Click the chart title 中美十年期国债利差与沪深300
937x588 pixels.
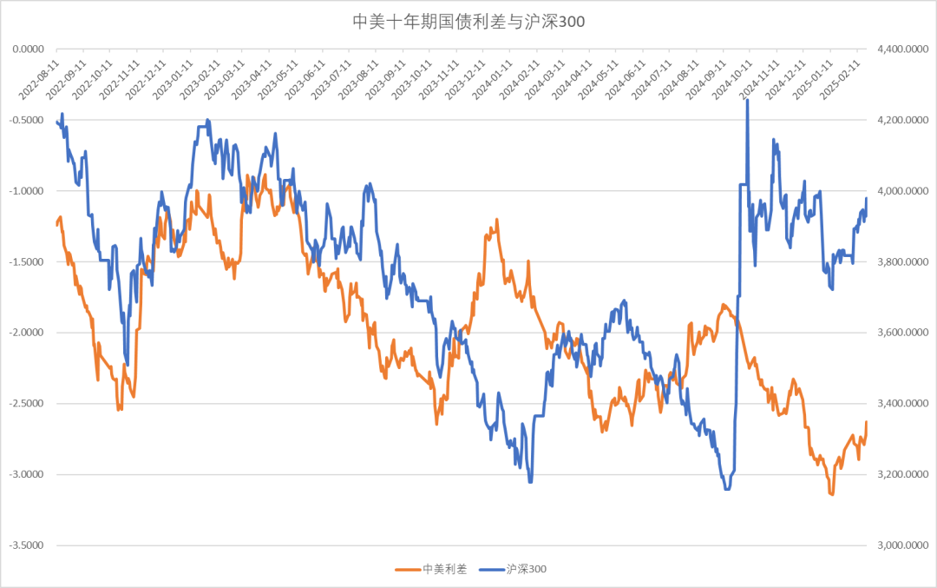(x=468, y=22)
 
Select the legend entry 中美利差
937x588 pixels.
(x=443, y=569)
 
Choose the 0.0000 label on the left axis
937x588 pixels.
(x=29, y=50)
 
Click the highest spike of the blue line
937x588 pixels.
(x=747, y=100)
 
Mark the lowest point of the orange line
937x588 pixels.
(x=831, y=494)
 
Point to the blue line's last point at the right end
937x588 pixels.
(x=866, y=199)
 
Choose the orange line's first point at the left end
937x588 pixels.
(x=56, y=225)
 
